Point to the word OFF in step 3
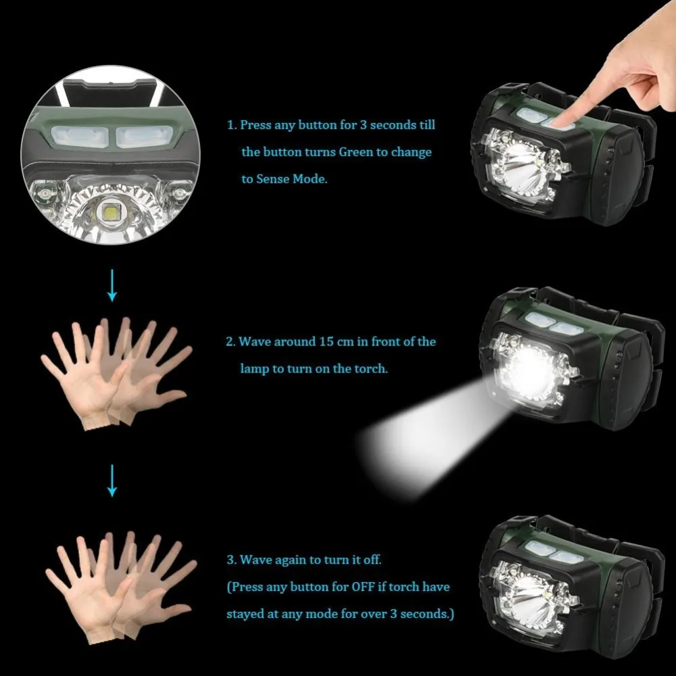click(x=363, y=587)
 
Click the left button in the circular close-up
click(x=79, y=137)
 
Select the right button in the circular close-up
click(x=143, y=137)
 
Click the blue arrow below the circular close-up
click(x=112, y=285)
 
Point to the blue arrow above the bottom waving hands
click(x=112, y=481)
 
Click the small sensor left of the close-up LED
click(x=45, y=193)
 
